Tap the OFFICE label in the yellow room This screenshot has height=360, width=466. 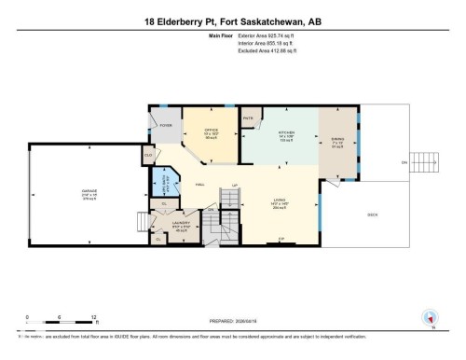coord(199,132)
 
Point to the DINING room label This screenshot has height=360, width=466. coord(336,140)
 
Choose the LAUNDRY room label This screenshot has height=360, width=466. coord(182,224)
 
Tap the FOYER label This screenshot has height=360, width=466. coord(166,124)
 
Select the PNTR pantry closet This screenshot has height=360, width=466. coord(249,118)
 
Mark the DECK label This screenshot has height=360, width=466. coord(372,215)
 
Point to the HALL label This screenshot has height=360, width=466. coord(200,186)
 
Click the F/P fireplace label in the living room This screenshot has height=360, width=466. coord(281,239)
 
